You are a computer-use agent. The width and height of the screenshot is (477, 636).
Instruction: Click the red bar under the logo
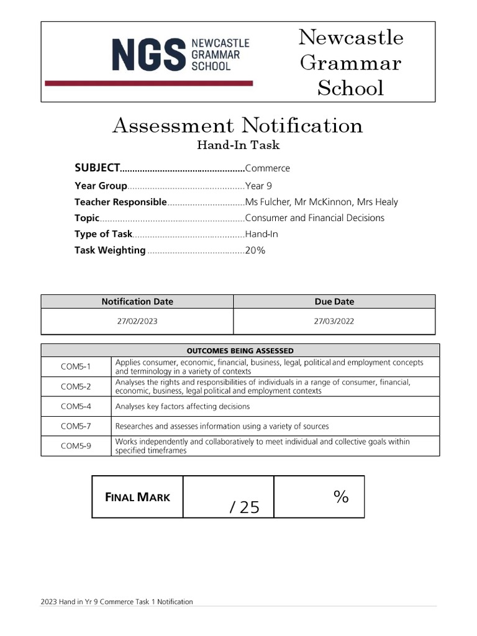click(149, 83)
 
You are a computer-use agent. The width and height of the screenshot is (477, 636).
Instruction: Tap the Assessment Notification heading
click(238, 125)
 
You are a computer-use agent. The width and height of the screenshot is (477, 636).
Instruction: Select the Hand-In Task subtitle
click(238, 146)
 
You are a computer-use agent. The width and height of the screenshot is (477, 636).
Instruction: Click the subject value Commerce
click(267, 168)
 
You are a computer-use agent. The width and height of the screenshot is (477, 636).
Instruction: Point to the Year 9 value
click(258, 186)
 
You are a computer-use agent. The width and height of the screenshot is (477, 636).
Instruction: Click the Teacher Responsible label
click(120, 202)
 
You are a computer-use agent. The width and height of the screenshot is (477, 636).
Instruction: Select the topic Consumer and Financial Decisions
click(314, 218)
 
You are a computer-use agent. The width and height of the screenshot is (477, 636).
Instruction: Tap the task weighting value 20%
click(255, 250)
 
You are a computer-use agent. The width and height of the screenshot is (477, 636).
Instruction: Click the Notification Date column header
click(137, 302)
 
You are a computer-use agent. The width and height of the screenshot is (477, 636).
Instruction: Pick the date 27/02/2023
click(137, 322)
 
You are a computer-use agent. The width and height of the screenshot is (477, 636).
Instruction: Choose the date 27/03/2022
click(334, 322)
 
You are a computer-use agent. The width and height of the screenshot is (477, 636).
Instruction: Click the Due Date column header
click(334, 302)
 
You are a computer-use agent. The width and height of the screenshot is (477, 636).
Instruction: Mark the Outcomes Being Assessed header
click(240, 351)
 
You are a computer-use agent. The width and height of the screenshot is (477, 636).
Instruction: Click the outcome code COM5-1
click(76, 366)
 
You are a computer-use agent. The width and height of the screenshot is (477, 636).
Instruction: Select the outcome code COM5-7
click(76, 426)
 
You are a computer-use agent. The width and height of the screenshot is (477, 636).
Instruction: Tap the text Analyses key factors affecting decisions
click(183, 406)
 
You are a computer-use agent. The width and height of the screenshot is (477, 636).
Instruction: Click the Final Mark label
click(137, 497)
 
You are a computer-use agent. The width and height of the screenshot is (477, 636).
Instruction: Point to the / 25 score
click(244, 507)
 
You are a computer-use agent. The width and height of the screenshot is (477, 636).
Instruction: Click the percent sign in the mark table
click(340, 496)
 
